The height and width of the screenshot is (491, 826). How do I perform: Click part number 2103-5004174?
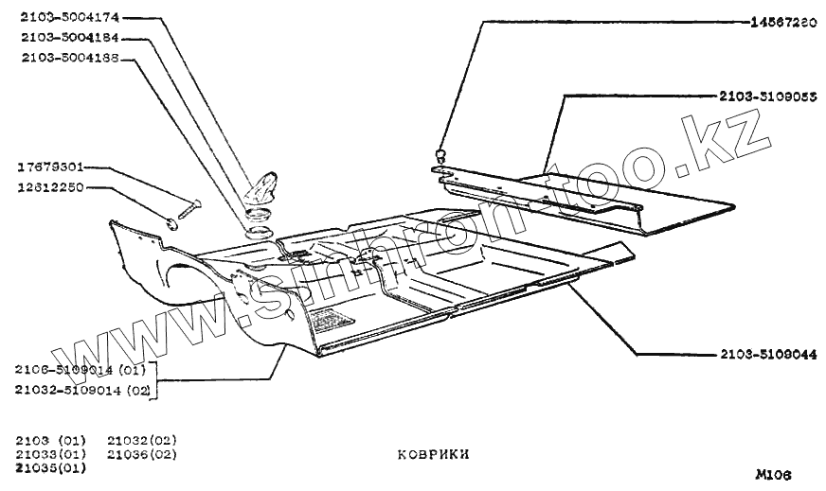coord(62,18)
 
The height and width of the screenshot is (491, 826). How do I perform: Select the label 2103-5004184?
coord(62,38)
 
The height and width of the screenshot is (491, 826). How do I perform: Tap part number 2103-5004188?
coord(62,58)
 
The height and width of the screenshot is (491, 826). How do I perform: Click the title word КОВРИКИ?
coord(433,454)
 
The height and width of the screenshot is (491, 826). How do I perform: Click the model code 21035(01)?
coord(52,467)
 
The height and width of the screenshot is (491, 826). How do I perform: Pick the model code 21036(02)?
coord(142,454)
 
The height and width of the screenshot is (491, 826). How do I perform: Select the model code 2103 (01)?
coord(52,441)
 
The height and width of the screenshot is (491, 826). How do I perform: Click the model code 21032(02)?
coord(142,441)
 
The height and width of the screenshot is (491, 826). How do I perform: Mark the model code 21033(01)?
coord(52,454)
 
